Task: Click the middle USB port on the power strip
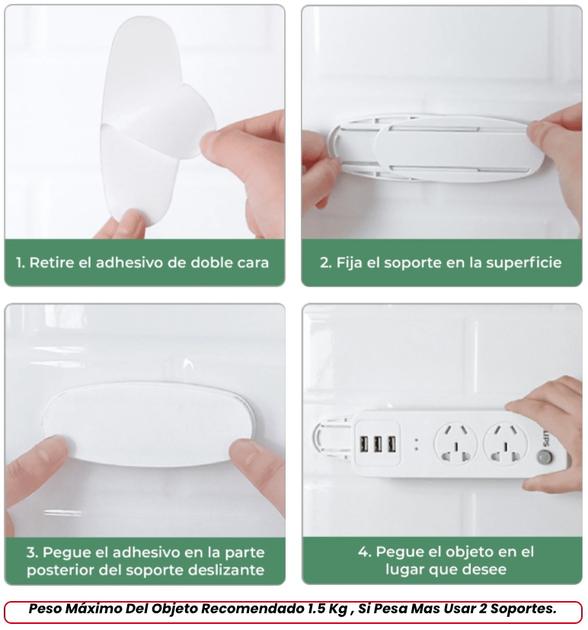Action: click(378, 444)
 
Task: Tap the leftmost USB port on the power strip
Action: click(364, 444)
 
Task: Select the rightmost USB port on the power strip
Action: click(391, 444)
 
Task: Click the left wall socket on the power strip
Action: click(455, 444)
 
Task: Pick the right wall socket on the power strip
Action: click(505, 444)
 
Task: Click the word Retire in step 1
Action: click(53, 262)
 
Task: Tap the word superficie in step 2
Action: click(524, 263)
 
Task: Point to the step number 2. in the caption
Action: click(326, 263)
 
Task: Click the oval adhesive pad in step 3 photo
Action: click(148, 424)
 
